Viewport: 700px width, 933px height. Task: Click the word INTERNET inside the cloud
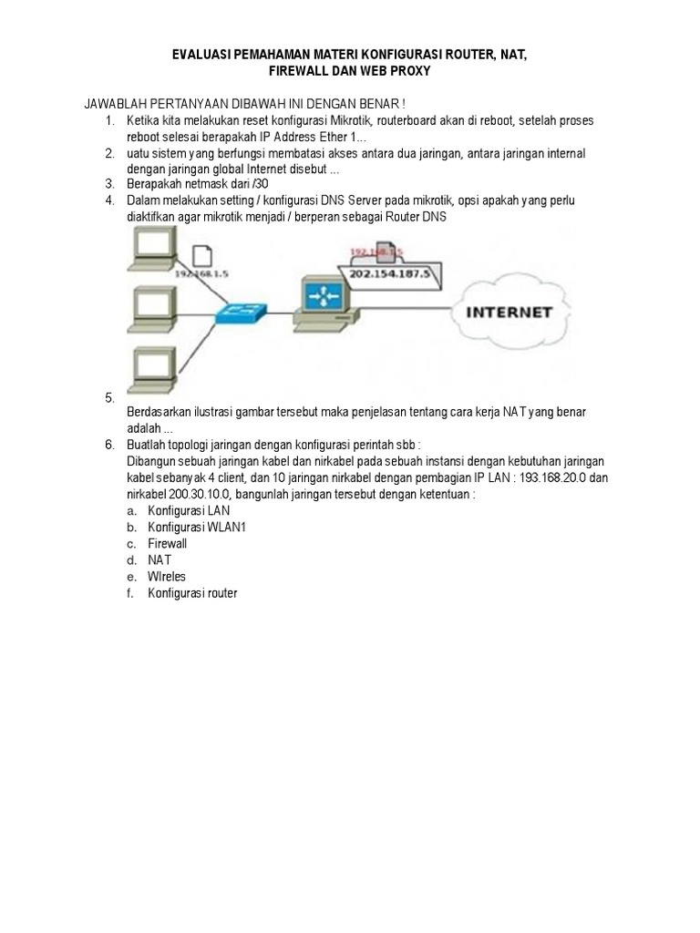(x=510, y=312)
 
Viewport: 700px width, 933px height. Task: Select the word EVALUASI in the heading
(x=202, y=56)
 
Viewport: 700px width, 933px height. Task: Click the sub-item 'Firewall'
(x=168, y=543)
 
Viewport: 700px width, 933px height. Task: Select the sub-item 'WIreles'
(x=167, y=577)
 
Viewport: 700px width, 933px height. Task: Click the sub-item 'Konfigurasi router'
(x=192, y=593)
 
